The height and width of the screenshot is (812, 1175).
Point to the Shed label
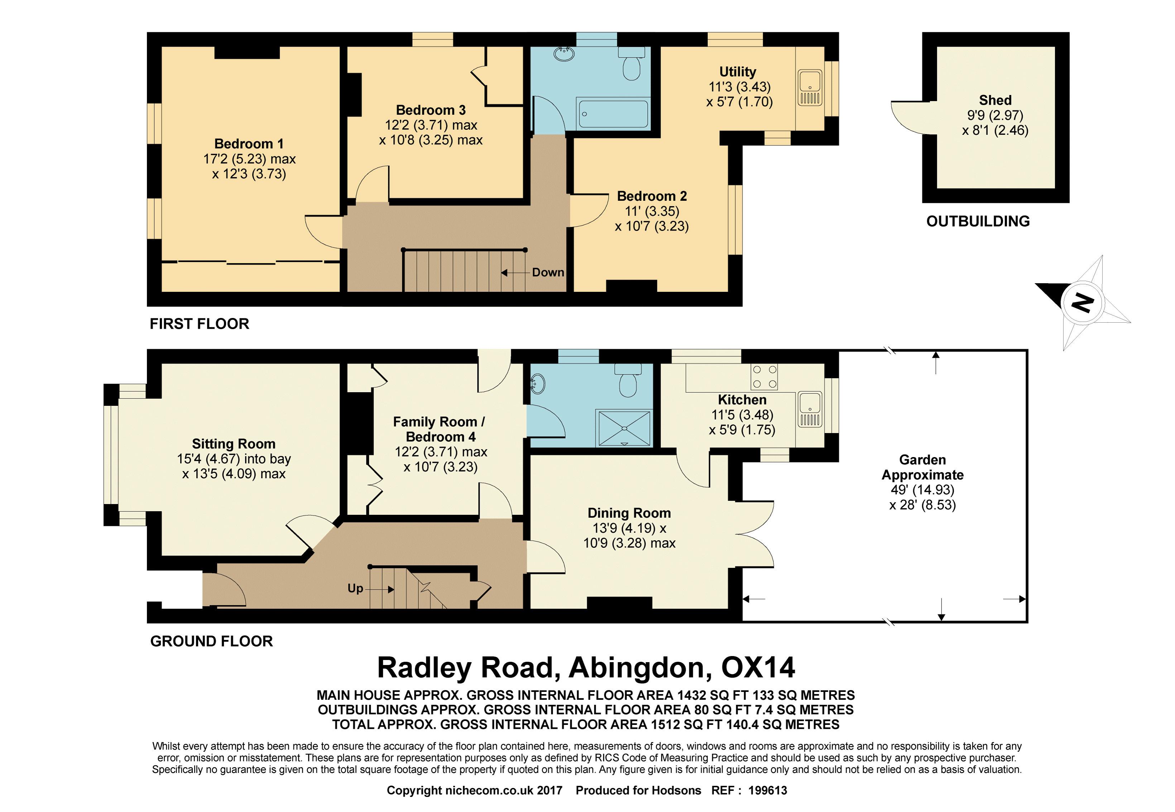995,100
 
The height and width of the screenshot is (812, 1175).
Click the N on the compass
1082,303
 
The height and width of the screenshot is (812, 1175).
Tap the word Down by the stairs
548,273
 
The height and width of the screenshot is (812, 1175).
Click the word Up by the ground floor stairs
355,588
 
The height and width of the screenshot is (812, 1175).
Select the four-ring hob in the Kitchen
764,377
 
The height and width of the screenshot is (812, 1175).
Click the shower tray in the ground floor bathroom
624,428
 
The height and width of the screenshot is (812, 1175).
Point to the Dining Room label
629,513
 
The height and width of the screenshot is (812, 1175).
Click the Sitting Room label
233,444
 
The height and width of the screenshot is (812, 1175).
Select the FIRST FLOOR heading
199,324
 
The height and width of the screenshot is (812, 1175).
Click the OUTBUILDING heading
978,221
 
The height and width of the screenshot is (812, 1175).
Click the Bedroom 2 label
652,196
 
